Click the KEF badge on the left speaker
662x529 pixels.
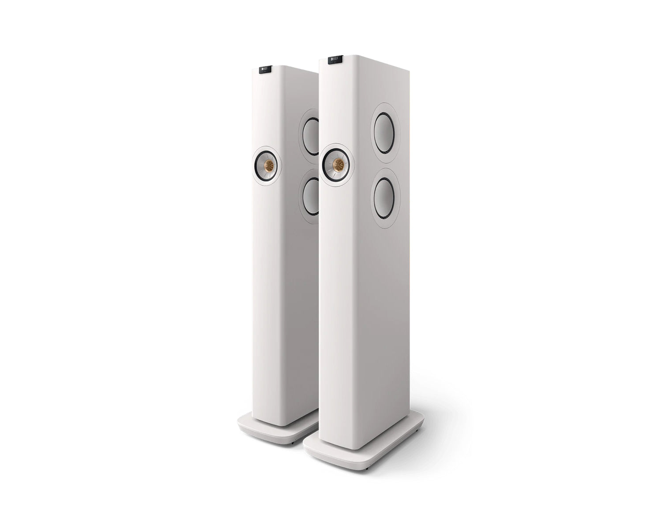(x=265, y=71)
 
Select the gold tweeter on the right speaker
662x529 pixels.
(x=338, y=166)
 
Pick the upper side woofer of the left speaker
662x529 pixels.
(x=310, y=137)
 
